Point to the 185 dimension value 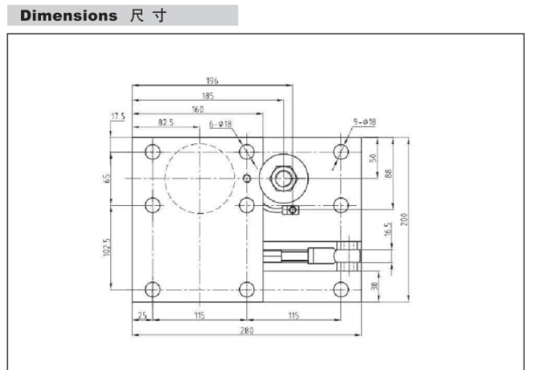coord(210,94)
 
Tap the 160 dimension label coord(197,109)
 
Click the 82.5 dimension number coord(166,123)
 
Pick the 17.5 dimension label coord(118,116)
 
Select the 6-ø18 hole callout coord(220,124)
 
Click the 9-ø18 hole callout coord(365,122)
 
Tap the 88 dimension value coord(387,173)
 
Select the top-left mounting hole coord(153,152)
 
